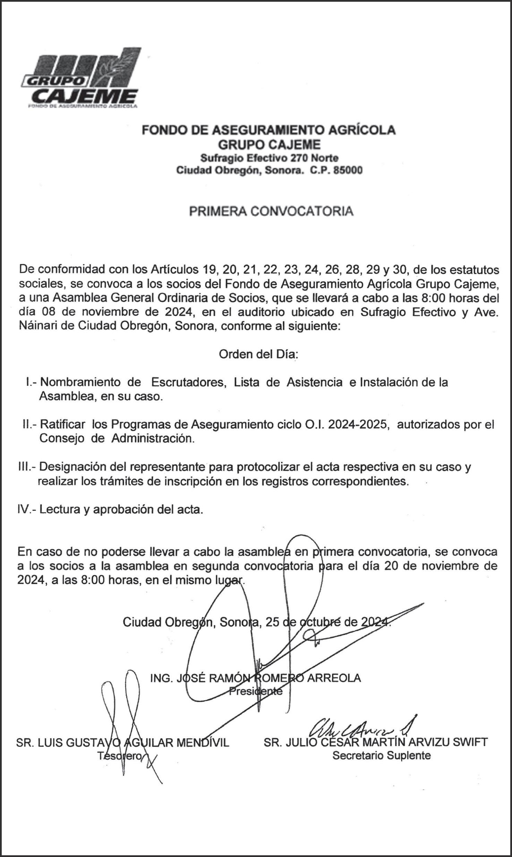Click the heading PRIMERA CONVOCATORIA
coord(271,211)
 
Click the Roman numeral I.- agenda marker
coord(32,382)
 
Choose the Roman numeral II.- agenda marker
coord(30,425)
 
